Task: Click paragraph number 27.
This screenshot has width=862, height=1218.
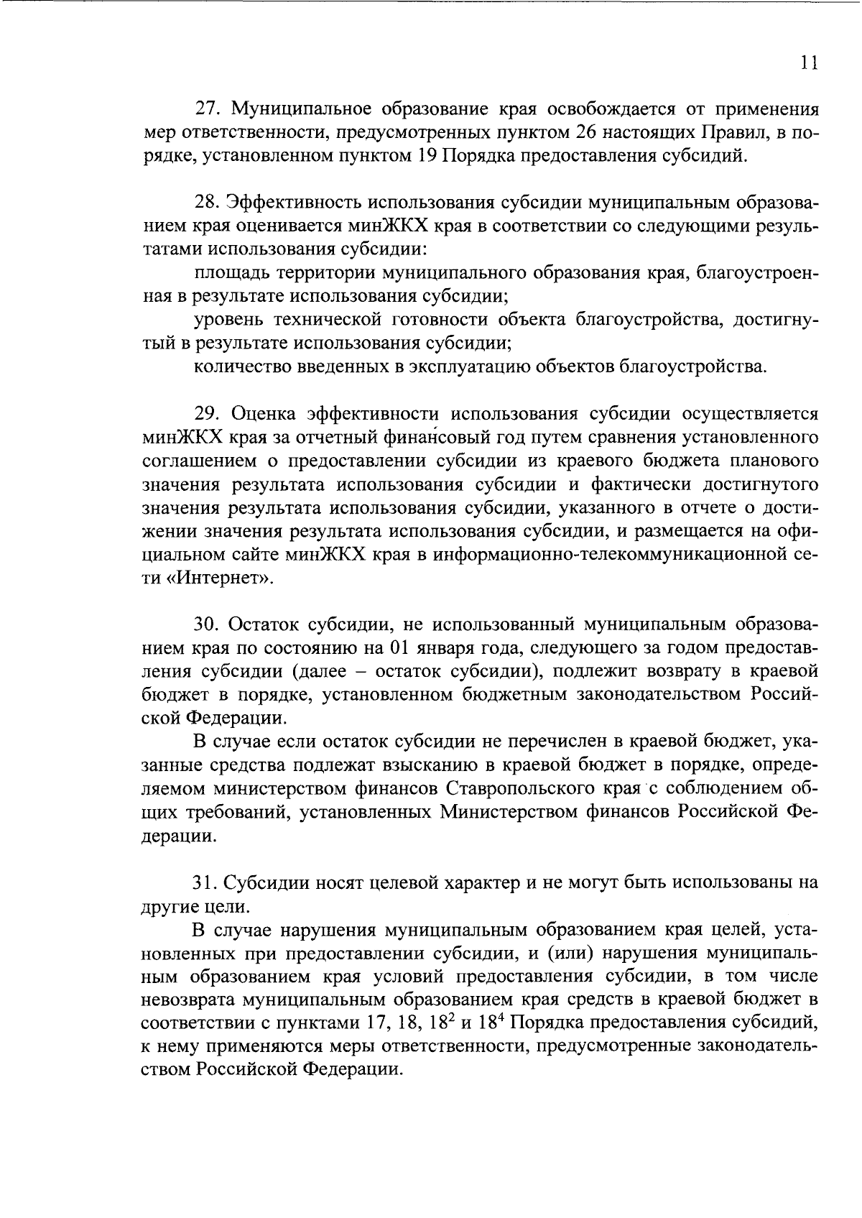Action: (x=208, y=109)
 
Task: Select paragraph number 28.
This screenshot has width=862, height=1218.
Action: (x=208, y=203)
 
